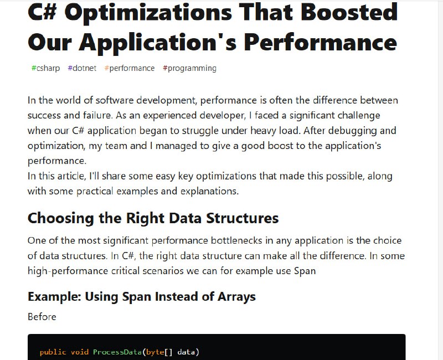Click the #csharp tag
pyautogui.click(x=45, y=68)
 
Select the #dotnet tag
pyautogui.click(x=82, y=68)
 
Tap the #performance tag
pyautogui.click(x=130, y=68)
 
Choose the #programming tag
pyautogui.click(x=189, y=68)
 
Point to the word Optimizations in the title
pyautogui.click(x=148, y=13)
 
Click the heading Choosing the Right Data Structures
pyautogui.click(x=153, y=218)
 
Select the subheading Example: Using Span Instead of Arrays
pyautogui.click(x=142, y=297)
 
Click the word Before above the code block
pyautogui.click(x=42, y=317)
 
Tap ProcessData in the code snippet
pyautogui.click(x=117, y=352)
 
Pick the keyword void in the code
pyautogui.click(x=79, y=352)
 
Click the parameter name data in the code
pyautogui.click(x=187, y=352)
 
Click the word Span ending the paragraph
pyautogui.click(x=305, y=271)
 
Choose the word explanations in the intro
pyautogui.click(x=210, y=191)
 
